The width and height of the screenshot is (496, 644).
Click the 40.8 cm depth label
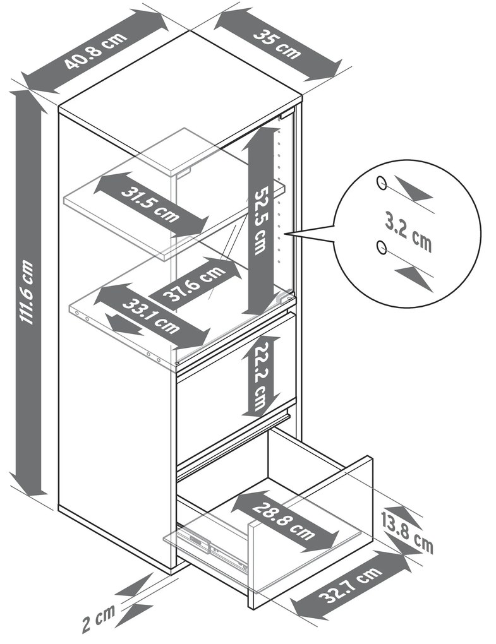96,50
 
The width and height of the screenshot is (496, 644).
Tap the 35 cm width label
277,44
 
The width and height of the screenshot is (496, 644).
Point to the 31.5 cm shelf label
150,204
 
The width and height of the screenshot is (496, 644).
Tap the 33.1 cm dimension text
151,316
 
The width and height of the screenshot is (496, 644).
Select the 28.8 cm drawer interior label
284,520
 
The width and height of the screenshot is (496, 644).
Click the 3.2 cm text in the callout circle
408,232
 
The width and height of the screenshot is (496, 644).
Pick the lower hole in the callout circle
382,247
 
